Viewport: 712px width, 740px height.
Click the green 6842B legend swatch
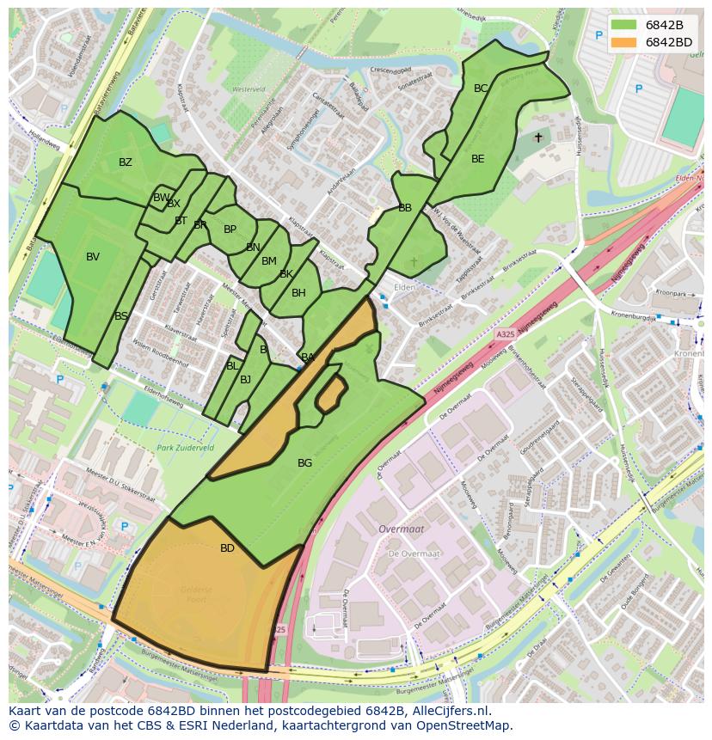[x=625, y=25]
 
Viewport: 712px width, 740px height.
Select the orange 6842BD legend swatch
[x=625, y=42]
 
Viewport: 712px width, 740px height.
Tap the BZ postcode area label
[x=126, y=162]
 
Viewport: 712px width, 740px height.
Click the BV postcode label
[x=93, y=257]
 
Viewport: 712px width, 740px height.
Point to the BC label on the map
[x=481, y=89]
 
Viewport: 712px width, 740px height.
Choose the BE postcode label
[x=478, y=159]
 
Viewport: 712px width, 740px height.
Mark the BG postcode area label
[x=304, y=463]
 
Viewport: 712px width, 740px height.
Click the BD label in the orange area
[x=227, y=548]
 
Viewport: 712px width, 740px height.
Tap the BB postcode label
[x=405, y=208]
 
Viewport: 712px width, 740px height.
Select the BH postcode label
[x=298, y=293]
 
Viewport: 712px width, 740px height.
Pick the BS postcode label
[x=121, y=316]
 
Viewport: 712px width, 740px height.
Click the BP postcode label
[x=230, y=229]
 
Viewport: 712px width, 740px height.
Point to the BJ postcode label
[x=246, y=380]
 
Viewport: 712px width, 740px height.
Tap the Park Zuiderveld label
[x=185, y=448]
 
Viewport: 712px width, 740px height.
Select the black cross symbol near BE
[x=538, y=138]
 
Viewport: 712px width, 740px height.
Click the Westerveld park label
[x=249, y=89]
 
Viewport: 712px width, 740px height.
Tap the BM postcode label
[x=269, y=261]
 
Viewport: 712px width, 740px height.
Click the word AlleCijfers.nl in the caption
[x=447, y=711]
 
